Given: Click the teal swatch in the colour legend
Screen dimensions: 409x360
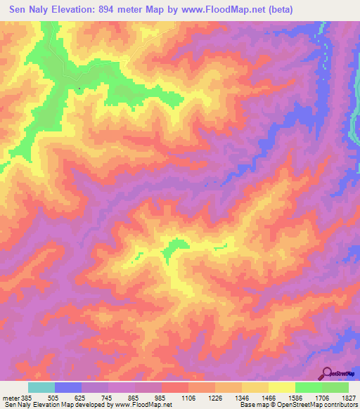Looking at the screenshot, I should click(41, 387).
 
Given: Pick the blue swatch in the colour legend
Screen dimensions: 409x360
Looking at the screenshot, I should click(68, 387).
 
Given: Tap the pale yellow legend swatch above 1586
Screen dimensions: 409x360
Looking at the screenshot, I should click(281, 387).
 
